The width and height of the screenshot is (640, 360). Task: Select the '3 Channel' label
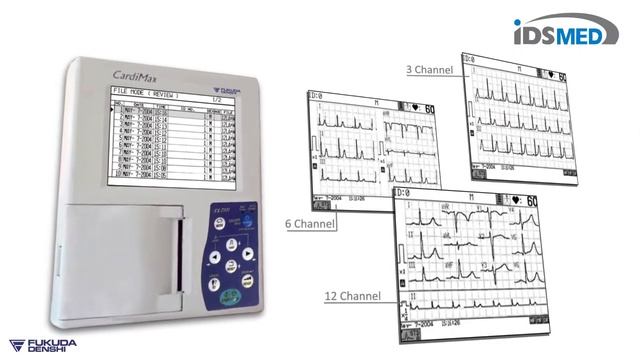(x=430, y=69)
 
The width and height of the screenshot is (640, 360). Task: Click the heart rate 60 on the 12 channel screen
(x=531, y=201)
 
